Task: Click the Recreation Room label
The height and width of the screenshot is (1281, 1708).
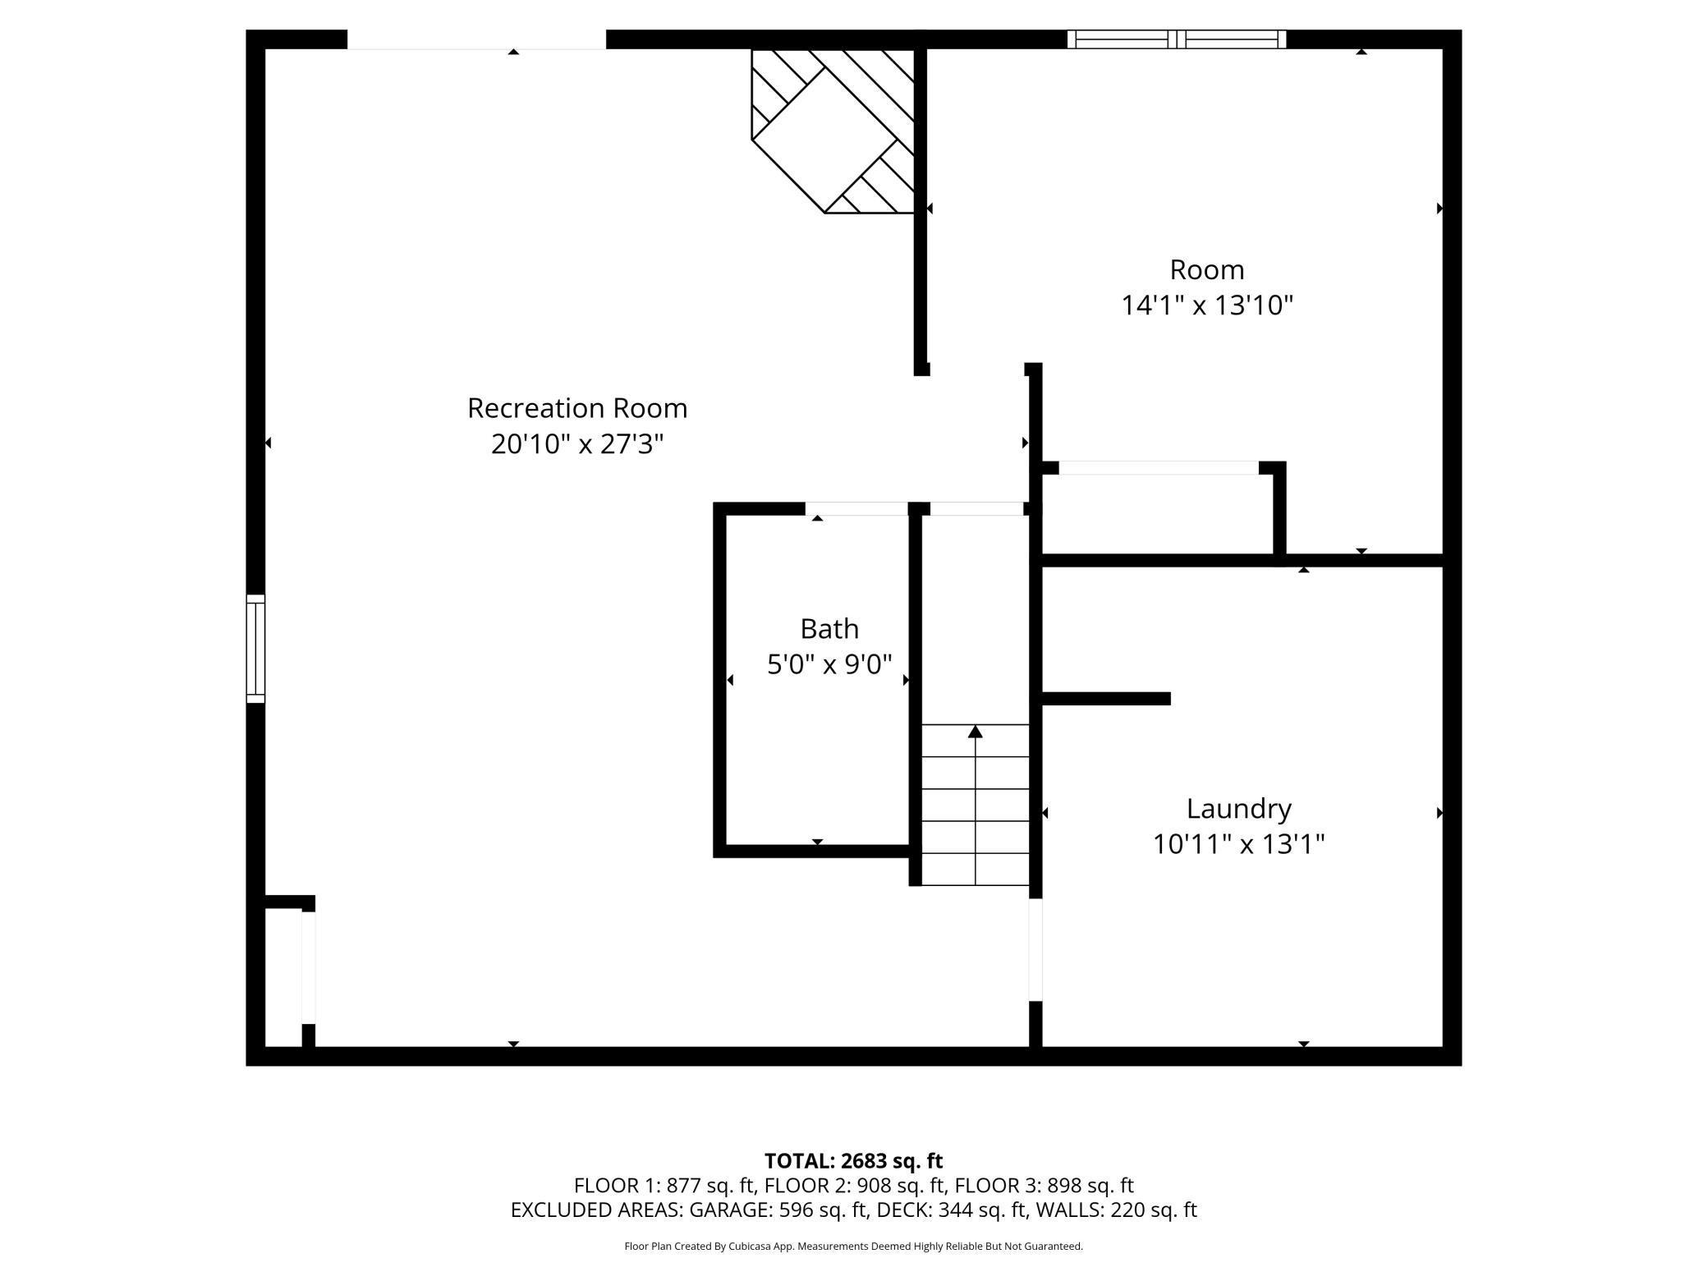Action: (x=576, y=408)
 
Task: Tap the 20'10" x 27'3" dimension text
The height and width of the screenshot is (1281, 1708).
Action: (x=576, y=444)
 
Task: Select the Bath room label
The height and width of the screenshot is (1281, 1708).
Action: (x=829, y=629)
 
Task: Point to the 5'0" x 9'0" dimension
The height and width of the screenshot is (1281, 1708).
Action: (x=829, y=664)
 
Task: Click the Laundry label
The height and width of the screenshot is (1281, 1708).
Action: (x=1238, y=809)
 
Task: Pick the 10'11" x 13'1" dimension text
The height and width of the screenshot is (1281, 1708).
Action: (x=1238, y=844)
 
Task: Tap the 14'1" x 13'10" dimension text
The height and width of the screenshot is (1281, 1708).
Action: (x=1207, y=305)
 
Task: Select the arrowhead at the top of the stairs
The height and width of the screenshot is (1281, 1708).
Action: (x=976, y=732)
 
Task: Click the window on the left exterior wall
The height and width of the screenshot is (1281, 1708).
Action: (x=256, y=649)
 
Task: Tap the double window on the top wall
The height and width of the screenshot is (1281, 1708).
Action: (x=1177, y=39)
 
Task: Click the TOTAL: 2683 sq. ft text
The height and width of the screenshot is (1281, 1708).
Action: (x=853, y=1161)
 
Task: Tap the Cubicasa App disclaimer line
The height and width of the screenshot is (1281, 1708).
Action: (x=853, y=1246)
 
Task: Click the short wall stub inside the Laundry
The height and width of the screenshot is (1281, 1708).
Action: (x=1105, y=699)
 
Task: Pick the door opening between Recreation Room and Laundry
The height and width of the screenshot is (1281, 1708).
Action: (x=1035, y=950)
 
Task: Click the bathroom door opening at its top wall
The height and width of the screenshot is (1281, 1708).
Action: (x=856, y=509)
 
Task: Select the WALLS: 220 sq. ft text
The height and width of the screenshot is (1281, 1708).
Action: (x=1117, y=1210)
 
